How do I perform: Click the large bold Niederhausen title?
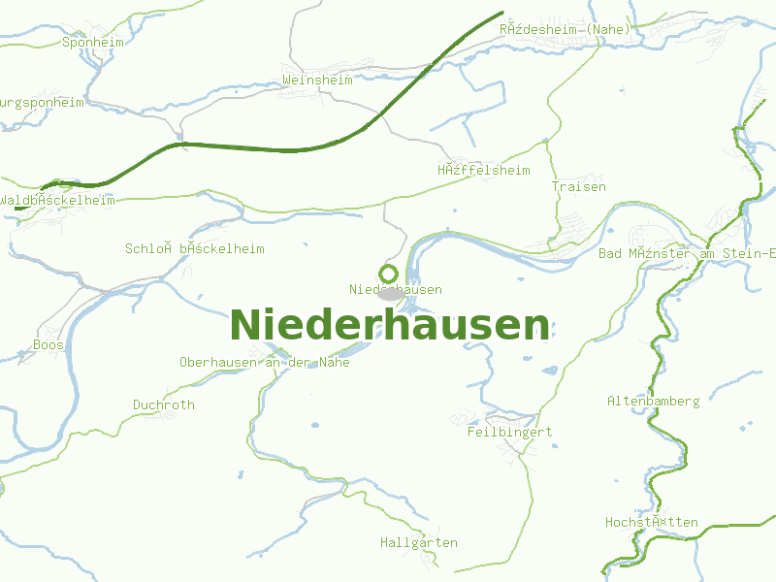pyautogui.click(x=389, y=325)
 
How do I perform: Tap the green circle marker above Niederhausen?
pyautogui.click(x=389, y=274)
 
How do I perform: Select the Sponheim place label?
pyautogui.click(x=94, y=42)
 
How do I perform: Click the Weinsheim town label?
pyautogui.click(x=317, y=80)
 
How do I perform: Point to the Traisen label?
pyautogui.click(x=579, y=186)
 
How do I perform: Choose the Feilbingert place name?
pyautogui.click(x=509, y=432)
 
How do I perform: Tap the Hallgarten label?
pyautogui.click(x=419, y=542)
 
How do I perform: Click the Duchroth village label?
pyautogui.click(x=164, y=404)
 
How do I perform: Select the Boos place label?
pyautogui.click(x=48, y=344)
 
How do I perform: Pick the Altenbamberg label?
pyautogui.click(x=654, y=401)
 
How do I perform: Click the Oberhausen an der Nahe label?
pyautogui.click(x=264, y=362)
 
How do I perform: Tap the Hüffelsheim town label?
pyautogui.click(x=483, y=170)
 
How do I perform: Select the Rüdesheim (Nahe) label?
pyautogui.click(x=565, y=29)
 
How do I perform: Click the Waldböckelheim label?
pyautogui.click(x=58, y=200)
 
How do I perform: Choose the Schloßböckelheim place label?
pyautogui.click(x=194, y=248)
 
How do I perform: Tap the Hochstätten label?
pyautogui.click(x=652, y=522)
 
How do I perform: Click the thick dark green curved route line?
pyautogui.click(x=291, y=150)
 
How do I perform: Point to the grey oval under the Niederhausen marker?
pyautogui.click(x=390, y=293)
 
